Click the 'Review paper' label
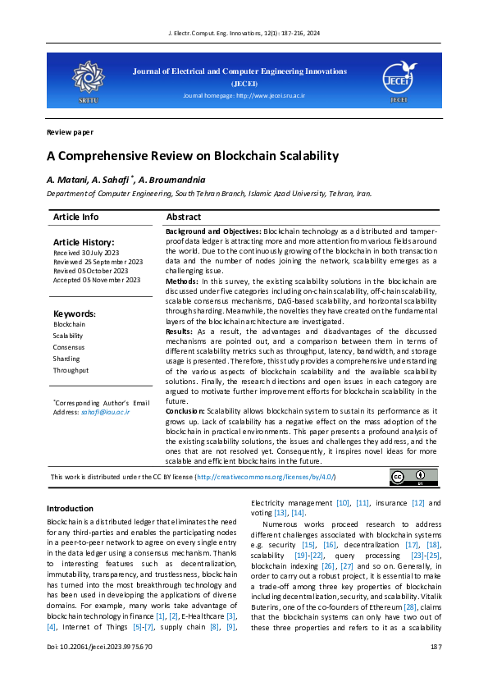tap(70, 132)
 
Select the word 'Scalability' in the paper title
tap(286, 156)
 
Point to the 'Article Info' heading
tap(75, 217)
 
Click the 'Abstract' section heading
tap(183, 217)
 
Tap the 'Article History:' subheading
tap(84, 243)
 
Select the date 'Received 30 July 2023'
tap(85, 254)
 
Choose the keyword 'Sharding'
tap(66, 359)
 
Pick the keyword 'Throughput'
tap(71, 370)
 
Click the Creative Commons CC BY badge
tap(408, 477)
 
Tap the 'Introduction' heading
tap(70, 509)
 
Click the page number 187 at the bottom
tap(435, 670)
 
